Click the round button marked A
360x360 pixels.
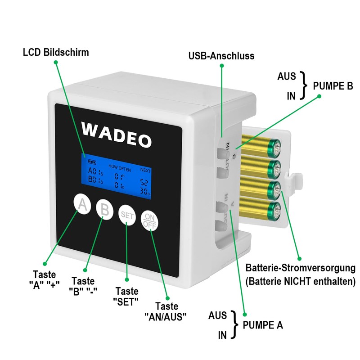82,206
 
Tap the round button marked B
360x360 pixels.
104,210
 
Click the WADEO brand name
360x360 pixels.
117,135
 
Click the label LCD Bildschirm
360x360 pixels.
56,52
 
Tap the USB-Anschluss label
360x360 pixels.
221,56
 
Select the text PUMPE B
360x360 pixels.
333,86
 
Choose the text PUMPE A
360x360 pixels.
263,325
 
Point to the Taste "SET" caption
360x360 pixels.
127,296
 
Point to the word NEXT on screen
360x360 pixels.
145,170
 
